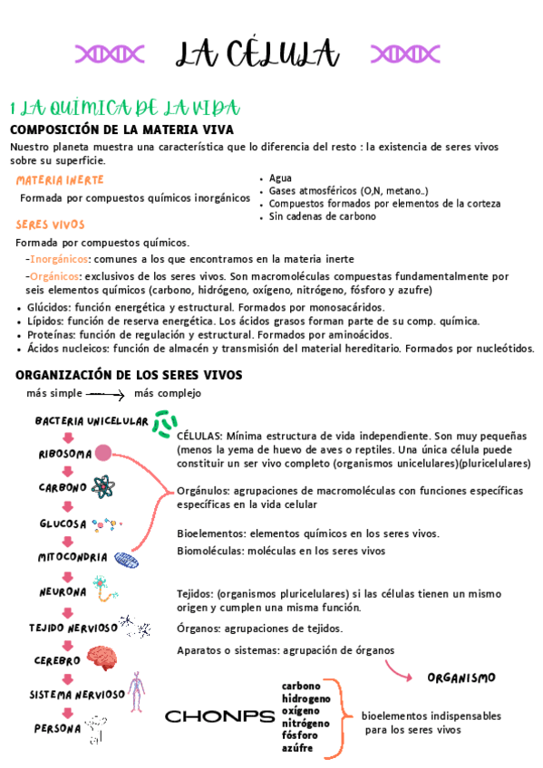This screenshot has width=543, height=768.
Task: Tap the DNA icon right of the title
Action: [399, 53]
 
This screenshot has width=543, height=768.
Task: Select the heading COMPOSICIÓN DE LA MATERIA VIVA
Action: [121, 130]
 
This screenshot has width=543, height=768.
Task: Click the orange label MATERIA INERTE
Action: [60, 179]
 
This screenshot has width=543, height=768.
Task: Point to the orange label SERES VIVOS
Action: [50, 225]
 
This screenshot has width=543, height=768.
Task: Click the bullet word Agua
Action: [280, 178]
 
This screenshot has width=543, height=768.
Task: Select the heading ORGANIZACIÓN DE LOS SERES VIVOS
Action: [129, 375]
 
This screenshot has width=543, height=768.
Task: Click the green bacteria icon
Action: [165, 422]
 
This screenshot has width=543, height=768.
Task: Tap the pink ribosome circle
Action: [104, 453]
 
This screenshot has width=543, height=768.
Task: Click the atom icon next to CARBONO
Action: [102, 487]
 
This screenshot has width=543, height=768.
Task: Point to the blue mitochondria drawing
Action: [126, 560]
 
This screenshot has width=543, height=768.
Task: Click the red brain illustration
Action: [100, 658]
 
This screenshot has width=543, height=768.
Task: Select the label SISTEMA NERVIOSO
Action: [76, 695]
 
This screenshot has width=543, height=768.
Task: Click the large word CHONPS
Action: [219, 716]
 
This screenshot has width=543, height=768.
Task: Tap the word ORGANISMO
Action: [461, 677]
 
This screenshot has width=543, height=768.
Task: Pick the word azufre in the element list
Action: [298, 748]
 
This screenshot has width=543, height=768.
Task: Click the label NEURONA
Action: [63, 592]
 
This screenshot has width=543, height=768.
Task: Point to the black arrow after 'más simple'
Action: [106, 394]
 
